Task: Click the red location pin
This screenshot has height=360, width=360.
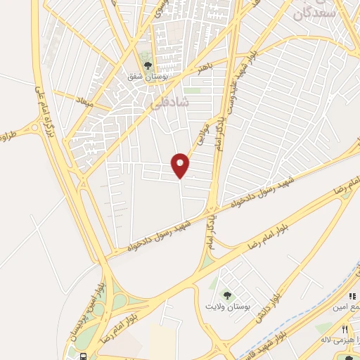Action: tap(181, 165)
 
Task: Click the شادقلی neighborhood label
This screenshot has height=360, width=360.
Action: tap(170, 102)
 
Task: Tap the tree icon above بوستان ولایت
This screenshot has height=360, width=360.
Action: tap(226, 294)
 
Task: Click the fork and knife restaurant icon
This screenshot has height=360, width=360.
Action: tap(345, 328)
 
